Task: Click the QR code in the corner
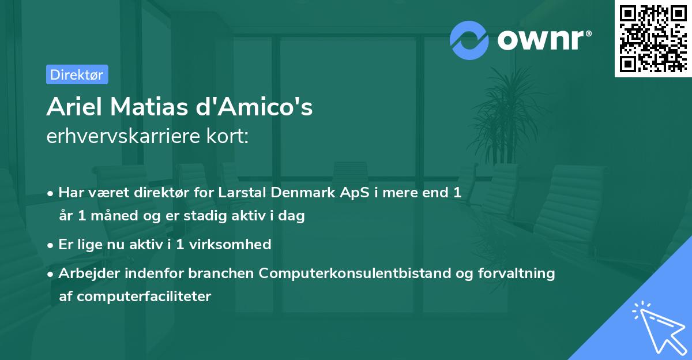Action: [x=653, y=39]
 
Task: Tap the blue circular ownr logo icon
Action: [x=469, y=40]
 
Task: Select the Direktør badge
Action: [x=77, y=74]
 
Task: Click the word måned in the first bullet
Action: [x=111, y=216]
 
